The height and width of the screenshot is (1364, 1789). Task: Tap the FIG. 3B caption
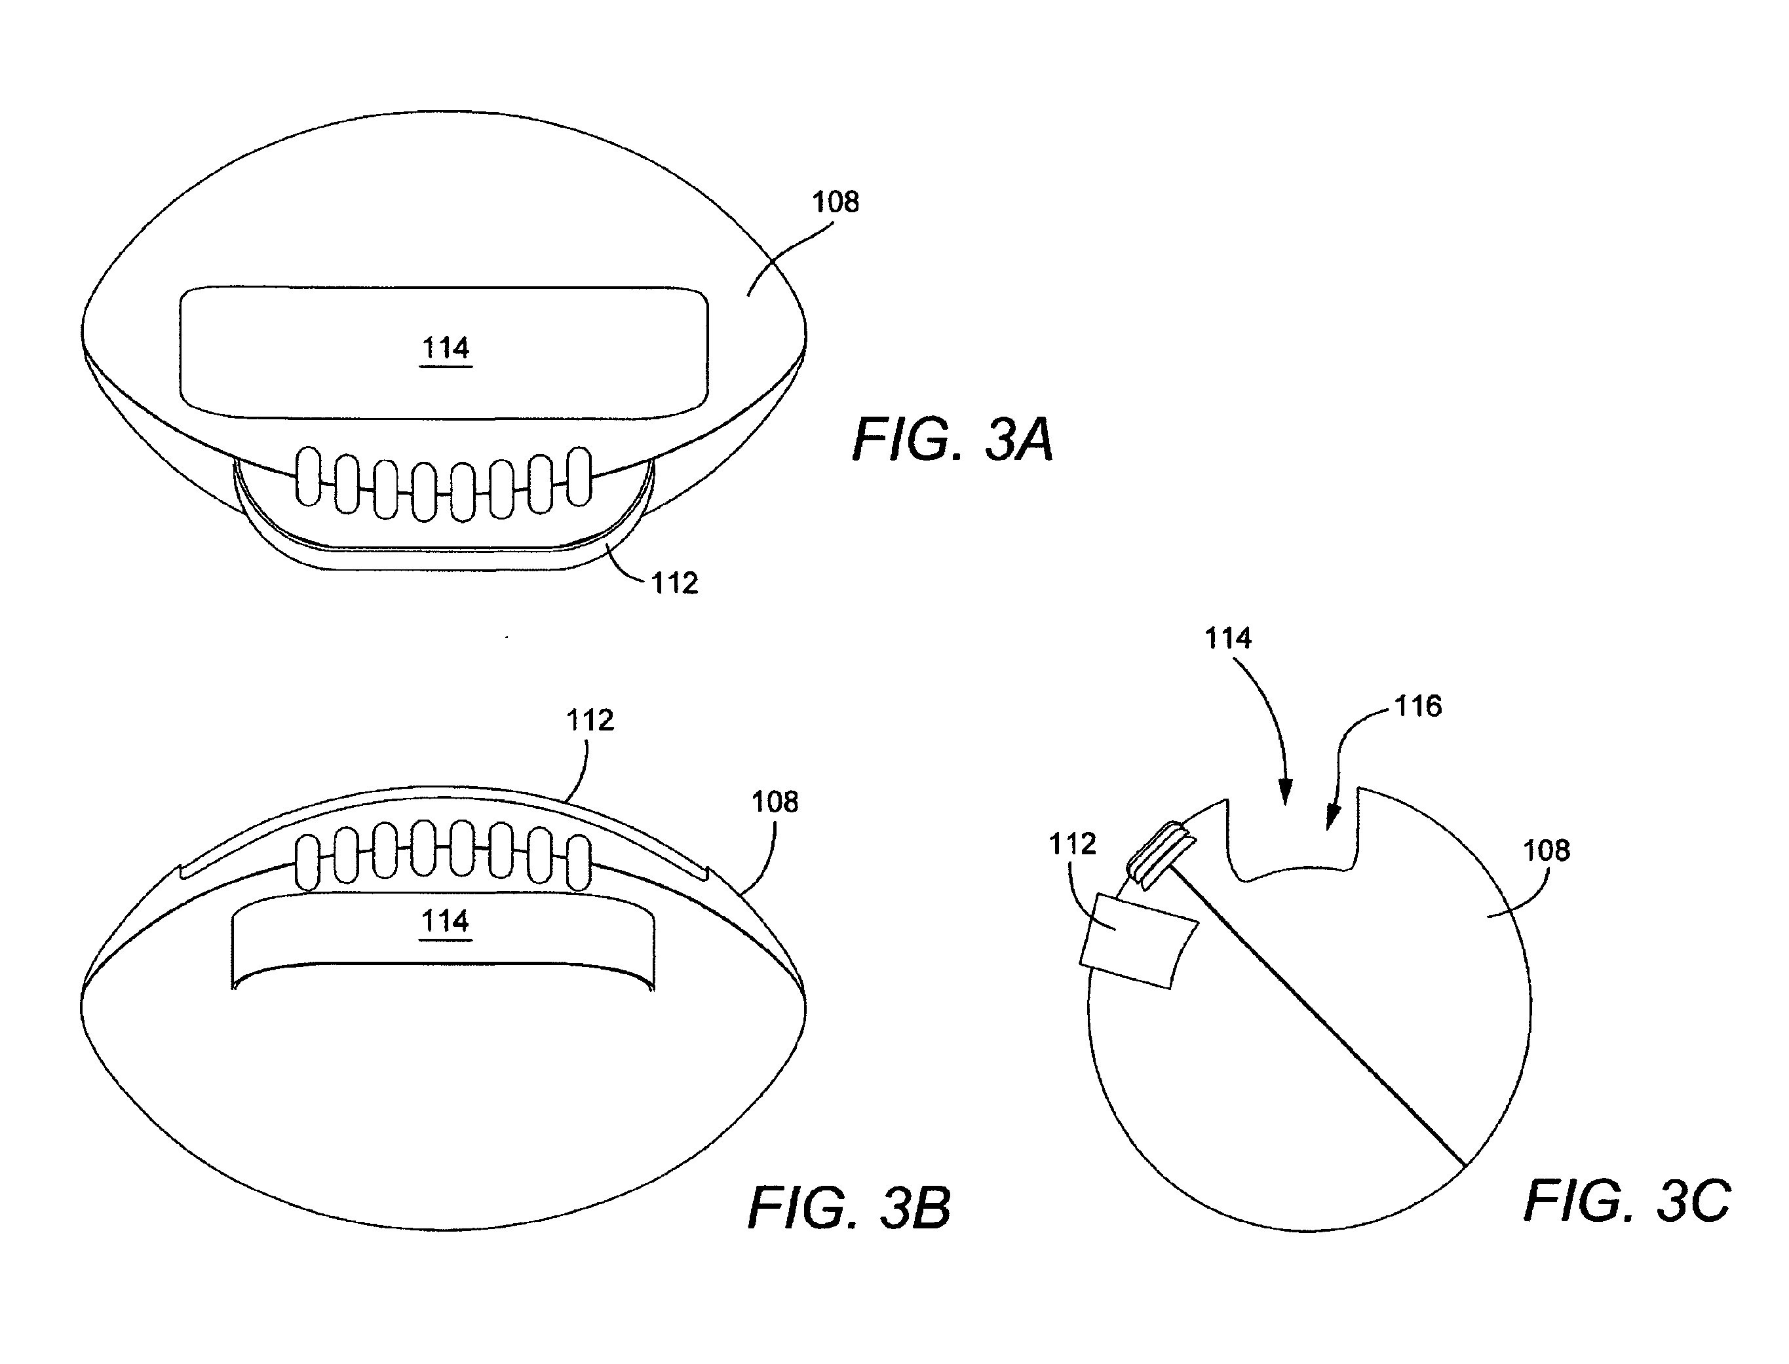pyautogui.click(x=849, y=1207)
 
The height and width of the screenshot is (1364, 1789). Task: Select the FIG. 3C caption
pyautogui.click(x=1626, y=1201)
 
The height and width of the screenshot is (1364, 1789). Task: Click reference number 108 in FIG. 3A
pyautogui.click(x=836, y=201)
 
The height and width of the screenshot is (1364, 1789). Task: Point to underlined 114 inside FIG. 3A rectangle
pyautogui.click(x=446, y=349)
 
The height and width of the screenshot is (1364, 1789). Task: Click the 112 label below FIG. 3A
pyautogui.click(x=675, y=583)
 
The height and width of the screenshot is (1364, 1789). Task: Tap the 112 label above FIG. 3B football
pyautogui.click(x=590, y=720)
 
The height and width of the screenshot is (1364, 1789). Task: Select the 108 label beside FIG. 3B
pyautogui.click(x=775, y=802)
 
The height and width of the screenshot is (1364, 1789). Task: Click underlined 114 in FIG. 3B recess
pyautogui.click(x=446, y=922)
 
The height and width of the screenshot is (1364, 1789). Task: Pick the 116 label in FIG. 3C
pyautogui.click(x=1418, y=706)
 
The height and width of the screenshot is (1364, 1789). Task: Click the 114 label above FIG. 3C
pyautogui.click(x=1228, y=638)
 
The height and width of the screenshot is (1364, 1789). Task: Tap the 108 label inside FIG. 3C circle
pyautogui.click(x=1546, y=851)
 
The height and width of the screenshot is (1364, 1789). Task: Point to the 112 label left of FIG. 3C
pyautogui.click(x=1073, y=844)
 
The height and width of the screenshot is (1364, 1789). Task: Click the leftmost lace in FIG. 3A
pyautogui.click(x=308, y=476)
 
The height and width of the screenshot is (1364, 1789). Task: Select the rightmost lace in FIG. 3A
pyautogui.click(x=579, y=476)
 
